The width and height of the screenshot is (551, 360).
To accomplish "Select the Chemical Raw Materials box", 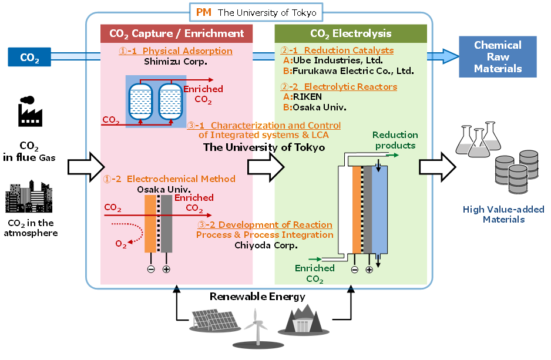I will click(498, 57).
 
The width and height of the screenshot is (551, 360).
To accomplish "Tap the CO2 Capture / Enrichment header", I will click(177, 33).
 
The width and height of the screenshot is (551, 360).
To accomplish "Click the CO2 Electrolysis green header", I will click(351, 33).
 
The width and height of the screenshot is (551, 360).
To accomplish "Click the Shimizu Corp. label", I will click(177, 60).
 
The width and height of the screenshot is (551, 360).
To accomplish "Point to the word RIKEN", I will click(308, 97).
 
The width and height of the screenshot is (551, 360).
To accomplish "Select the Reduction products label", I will click(395, 140).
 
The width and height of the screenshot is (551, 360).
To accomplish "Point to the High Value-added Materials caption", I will click(503, 214).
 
